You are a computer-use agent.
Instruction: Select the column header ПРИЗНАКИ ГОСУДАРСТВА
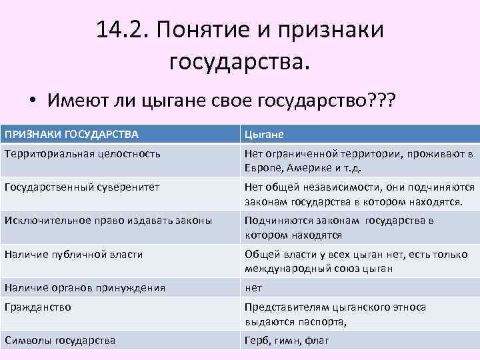click(x=71, y=134)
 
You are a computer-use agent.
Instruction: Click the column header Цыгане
click(x=265, y=134)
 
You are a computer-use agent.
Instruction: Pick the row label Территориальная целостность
click(x=82, y=154)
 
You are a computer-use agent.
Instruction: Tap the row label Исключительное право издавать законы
click(x=108, y=221)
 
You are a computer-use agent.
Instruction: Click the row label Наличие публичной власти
click(x=73, y=254)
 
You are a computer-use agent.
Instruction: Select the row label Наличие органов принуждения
click(x=85, y=287)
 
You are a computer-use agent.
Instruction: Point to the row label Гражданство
click(x=37, y=307)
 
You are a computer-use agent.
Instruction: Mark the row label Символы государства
click(x=59, y=340)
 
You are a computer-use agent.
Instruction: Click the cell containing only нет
click(x=253, y=287)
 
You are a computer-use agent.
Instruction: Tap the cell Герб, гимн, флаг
click(x=287, y=340)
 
